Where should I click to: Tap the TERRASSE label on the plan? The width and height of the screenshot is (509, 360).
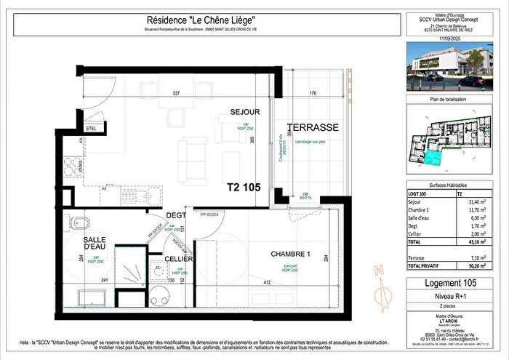tap(313, 127)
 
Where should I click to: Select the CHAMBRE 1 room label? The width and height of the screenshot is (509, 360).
tap(291, 254)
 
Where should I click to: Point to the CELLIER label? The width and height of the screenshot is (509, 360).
tap(178, 259)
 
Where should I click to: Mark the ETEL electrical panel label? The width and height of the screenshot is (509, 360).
tap(91, 129)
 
